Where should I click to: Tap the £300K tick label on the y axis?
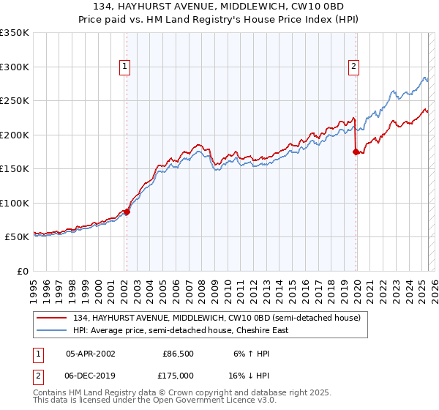coord(15,67)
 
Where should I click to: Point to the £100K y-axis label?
coord(15,203)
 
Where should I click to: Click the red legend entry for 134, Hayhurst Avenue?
coord(215,318)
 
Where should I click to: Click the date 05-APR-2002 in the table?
coord(90,353)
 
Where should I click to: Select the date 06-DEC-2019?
coord(90,375)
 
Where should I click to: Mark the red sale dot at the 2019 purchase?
coord(356,152)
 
